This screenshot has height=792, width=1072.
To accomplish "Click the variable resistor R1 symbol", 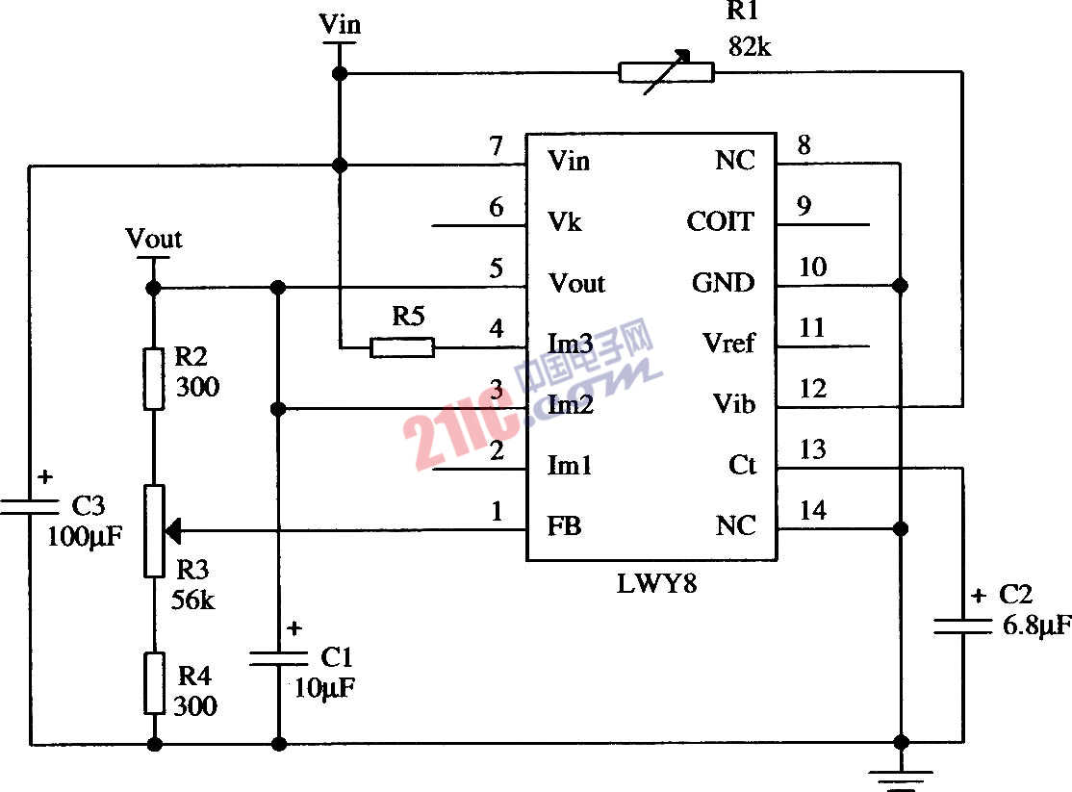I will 666,72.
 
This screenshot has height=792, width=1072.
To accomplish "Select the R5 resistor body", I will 402,347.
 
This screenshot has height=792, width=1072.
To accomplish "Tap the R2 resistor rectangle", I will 154,379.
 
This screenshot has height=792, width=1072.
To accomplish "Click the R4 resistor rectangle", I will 154,683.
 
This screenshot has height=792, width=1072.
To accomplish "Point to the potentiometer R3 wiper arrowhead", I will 173,528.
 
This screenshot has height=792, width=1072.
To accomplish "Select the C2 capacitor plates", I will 962,626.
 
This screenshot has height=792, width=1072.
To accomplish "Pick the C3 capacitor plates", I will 30,506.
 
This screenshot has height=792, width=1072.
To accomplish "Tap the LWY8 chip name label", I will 656,583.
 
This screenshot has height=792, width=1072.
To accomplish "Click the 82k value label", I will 750,46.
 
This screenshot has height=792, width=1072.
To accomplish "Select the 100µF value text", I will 85,536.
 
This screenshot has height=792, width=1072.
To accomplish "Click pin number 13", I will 812,449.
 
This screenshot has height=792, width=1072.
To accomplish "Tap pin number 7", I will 496,146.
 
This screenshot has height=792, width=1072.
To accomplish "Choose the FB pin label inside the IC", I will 565,527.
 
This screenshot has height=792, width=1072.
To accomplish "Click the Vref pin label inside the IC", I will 728,344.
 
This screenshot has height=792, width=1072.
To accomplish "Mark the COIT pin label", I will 720,222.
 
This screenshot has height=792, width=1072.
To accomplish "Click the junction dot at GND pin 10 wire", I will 901,286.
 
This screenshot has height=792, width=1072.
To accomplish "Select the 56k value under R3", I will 193,600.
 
